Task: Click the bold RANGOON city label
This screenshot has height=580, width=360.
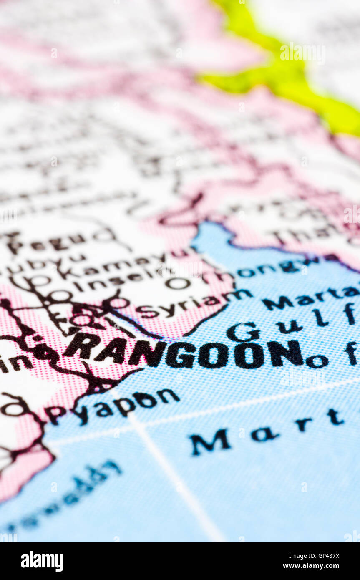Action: click(x=184, y=353)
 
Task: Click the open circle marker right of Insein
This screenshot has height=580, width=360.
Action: click(x=178, y=283)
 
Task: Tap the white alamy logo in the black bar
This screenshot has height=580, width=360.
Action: click(x=42, y=561)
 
